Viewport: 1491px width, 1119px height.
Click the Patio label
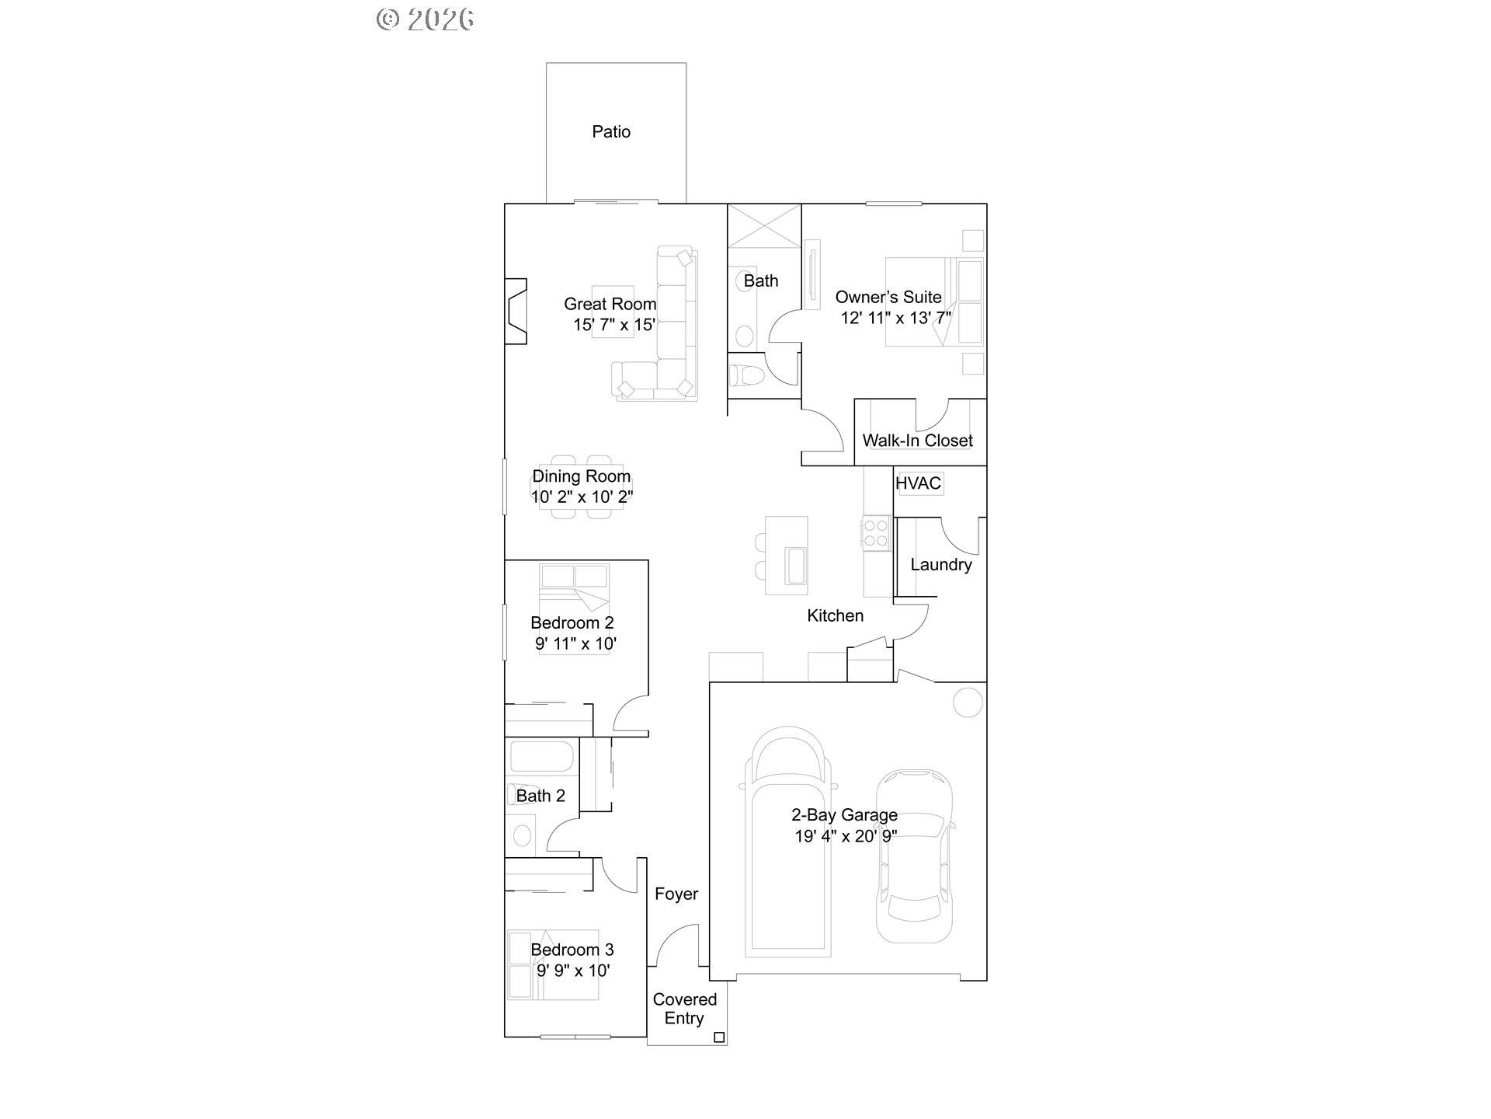pos(611,132)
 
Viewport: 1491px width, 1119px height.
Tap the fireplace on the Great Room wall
pos(516,311)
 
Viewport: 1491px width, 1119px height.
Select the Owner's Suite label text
pos(888,297)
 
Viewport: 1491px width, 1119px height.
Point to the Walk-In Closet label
pos(917,441)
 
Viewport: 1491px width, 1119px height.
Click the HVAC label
pos(918,483)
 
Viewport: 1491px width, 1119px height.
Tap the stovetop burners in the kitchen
pos(876,533)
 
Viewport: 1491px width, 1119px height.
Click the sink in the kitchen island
pos(797,565)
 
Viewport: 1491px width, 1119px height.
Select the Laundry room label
pos(940,565)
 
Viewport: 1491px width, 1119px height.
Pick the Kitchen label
pos(835,616)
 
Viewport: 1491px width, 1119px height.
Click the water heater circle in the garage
pos(968,702)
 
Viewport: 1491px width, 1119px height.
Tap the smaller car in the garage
pos(915,855)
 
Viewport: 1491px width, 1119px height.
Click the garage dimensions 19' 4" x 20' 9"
pos(846,836)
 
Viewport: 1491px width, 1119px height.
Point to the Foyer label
pos(676,894)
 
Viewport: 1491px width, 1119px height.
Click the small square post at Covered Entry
pos(719,1037)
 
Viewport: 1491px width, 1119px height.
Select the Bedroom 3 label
pos(572,950)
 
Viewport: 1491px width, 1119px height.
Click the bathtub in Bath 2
pos(541,758)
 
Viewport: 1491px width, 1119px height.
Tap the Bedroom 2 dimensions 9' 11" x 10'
pos(575,643)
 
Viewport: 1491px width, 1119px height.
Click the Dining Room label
pos(581,476)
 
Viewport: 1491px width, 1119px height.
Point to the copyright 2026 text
pos(425,19)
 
